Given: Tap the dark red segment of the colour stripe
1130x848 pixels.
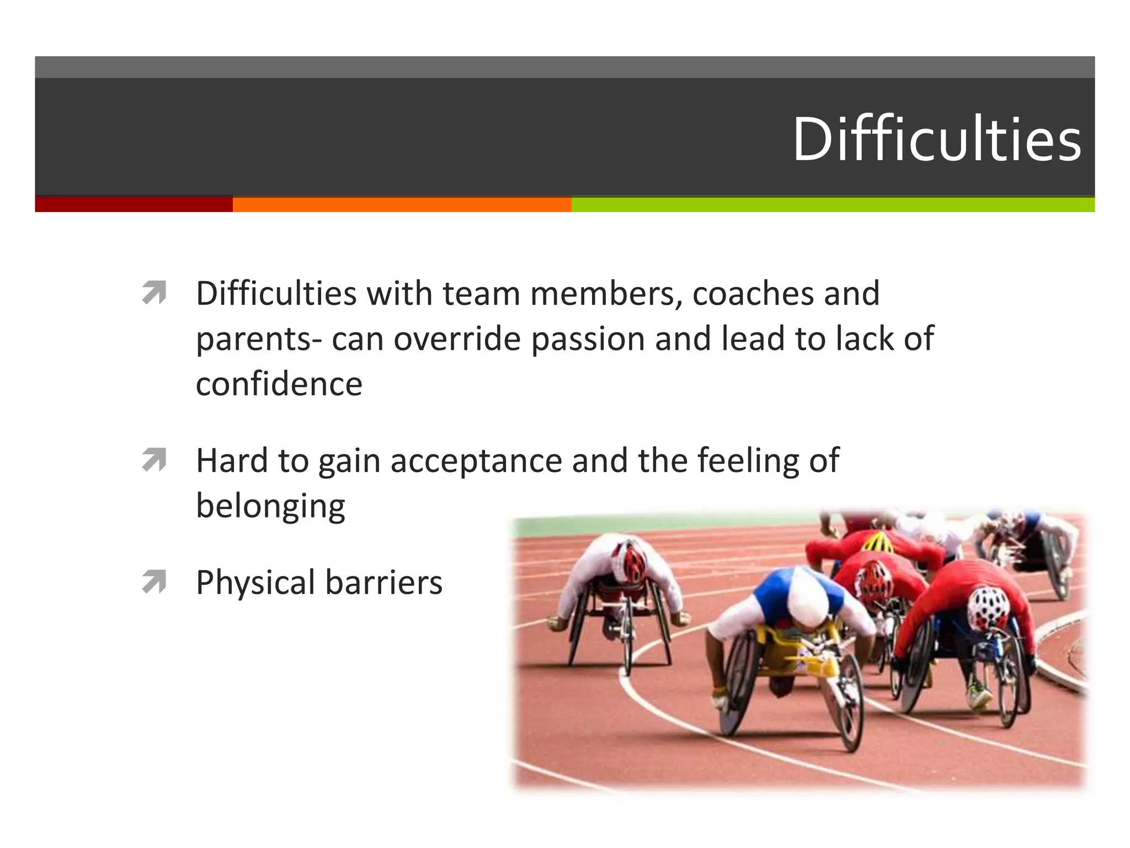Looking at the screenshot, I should [134, 204].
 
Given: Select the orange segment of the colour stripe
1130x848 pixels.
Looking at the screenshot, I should [402, 204].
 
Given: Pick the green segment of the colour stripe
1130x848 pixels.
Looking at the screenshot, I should [832, 204].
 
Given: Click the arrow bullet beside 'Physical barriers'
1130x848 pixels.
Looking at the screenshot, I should [154, 582].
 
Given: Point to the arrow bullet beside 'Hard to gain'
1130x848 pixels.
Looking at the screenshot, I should [154, 460].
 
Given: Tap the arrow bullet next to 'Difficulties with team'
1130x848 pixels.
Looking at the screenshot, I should [154, 293].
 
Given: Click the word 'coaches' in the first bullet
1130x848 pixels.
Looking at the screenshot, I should [753, 293].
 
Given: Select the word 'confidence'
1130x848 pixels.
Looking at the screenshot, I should [279, 384].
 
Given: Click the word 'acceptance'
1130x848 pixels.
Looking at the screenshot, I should [476, 460].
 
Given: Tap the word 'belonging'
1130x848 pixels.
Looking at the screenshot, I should [270, 506].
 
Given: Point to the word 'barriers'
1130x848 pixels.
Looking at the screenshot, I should [383, 582].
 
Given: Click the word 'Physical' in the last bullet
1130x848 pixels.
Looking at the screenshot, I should [255, 582].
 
